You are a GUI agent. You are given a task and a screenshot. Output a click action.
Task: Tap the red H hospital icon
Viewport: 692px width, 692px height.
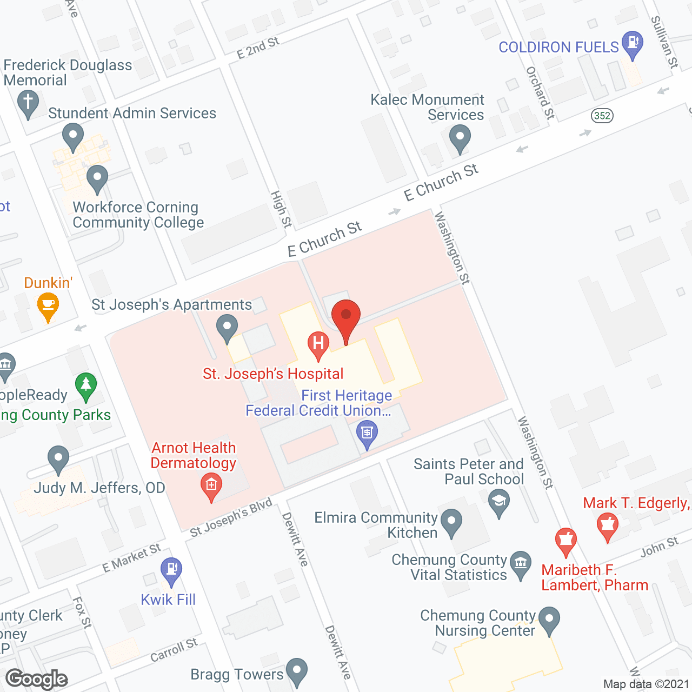point(318,344)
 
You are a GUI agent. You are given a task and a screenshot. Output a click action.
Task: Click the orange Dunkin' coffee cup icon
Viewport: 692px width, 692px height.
point(48,307)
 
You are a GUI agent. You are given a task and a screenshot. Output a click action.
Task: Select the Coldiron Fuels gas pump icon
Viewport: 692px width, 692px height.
point(632,44)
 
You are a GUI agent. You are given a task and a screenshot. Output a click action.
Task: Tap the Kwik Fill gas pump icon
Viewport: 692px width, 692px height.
point(171,570)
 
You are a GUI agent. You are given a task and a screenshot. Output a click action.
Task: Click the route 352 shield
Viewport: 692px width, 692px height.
point(602,116)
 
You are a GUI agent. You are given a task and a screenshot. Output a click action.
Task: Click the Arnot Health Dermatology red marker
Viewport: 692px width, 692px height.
point(211,485)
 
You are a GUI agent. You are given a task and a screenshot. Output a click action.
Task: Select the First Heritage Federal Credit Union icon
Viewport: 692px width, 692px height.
point(367,434)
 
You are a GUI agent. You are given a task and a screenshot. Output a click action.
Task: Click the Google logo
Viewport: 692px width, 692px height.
point(37,679)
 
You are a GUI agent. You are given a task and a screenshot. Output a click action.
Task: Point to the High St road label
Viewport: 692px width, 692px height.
point(281,209)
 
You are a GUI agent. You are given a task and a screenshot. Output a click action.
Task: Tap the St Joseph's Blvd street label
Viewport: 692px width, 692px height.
point(231,518)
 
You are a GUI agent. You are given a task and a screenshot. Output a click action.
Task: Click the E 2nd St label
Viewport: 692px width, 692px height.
point(258,48)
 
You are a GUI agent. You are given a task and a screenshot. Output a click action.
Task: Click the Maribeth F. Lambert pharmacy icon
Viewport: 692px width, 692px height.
point(565,541)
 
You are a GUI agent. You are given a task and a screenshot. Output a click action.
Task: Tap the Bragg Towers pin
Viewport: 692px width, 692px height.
point(296,671)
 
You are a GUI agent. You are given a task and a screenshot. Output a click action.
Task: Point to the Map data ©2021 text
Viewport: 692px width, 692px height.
point(646,684)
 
